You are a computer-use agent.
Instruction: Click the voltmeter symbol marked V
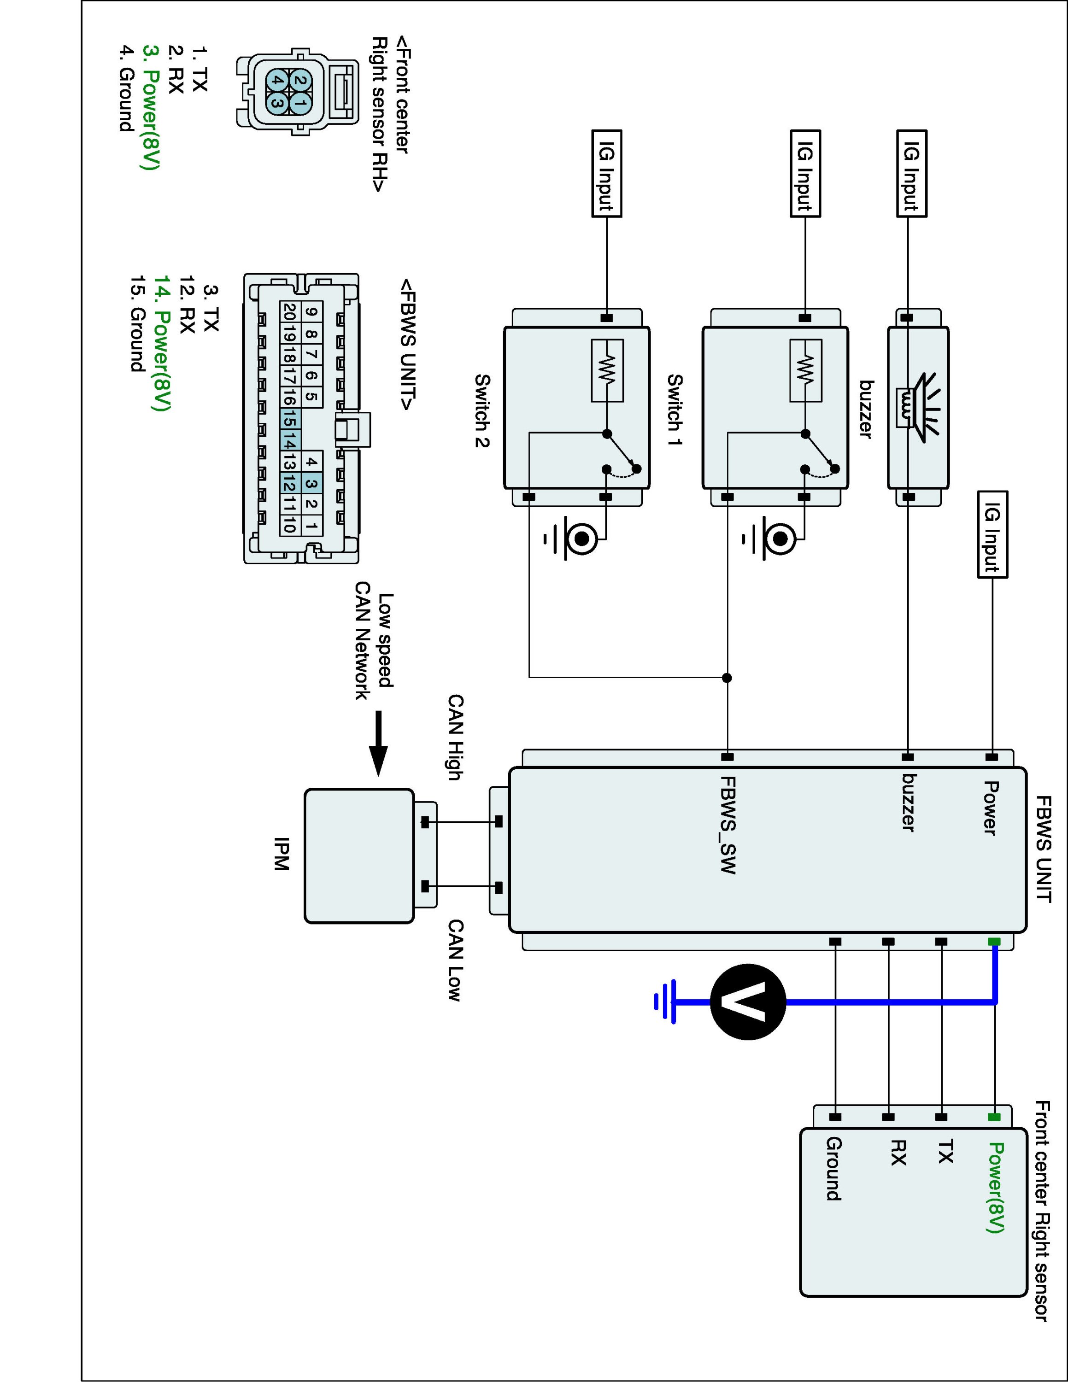point(748,1001)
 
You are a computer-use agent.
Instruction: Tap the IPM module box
point(359,855)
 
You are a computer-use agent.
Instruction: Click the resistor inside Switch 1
point(805,370)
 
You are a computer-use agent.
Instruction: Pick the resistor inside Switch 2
point(607,370)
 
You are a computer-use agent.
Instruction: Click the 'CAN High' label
point(456,737)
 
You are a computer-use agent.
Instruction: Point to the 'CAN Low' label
point(456,960)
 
